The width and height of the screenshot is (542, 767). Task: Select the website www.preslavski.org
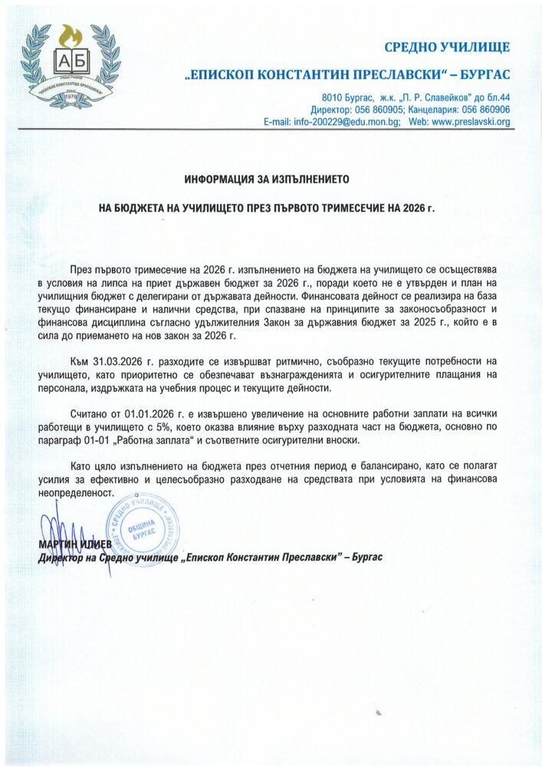coord(473,122)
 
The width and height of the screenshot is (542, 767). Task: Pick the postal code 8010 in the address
coord(333,98)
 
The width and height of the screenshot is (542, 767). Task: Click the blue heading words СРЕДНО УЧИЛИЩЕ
coord(446,48)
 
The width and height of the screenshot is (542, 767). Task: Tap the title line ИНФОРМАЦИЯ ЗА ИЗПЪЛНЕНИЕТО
coord(267,179)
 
